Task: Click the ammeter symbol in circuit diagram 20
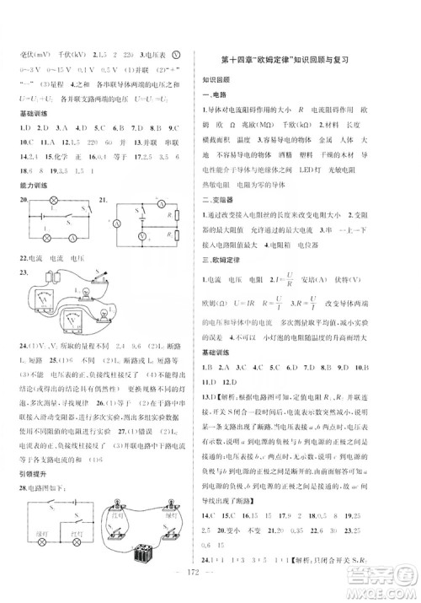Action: (72, 238)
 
